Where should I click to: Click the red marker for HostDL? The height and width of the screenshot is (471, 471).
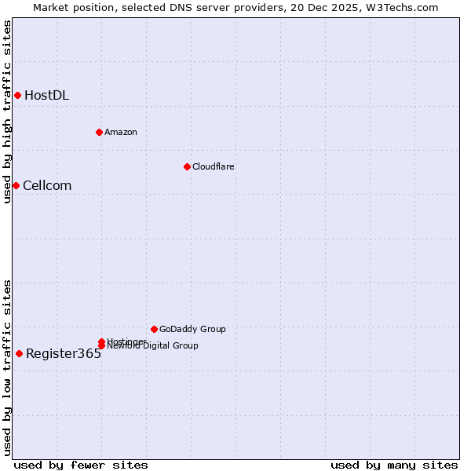point(17,96)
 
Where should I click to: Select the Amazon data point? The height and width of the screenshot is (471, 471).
point(99,132)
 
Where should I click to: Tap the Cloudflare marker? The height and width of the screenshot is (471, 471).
point(187,166)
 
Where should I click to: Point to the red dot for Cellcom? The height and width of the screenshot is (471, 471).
point(16,185)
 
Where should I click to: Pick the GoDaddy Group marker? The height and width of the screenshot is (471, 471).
point(154,329)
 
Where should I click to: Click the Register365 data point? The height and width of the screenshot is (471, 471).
point(19,353)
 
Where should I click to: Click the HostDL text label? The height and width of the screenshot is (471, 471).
point(46,96)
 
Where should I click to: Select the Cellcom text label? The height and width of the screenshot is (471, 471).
point(47,186)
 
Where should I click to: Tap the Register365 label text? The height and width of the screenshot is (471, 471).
point(64,354)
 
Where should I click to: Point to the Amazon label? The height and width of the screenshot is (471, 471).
point(121,132)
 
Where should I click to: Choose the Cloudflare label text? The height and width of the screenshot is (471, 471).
point(214,166)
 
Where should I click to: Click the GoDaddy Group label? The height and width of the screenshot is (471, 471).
point(192,330)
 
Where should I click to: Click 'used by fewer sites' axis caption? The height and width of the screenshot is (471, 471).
point(81,465)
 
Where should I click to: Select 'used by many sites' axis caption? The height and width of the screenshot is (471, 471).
point(394,465)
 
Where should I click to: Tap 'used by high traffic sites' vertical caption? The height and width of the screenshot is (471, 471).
point(8,111)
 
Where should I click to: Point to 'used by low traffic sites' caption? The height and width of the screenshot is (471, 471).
point(8,367)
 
